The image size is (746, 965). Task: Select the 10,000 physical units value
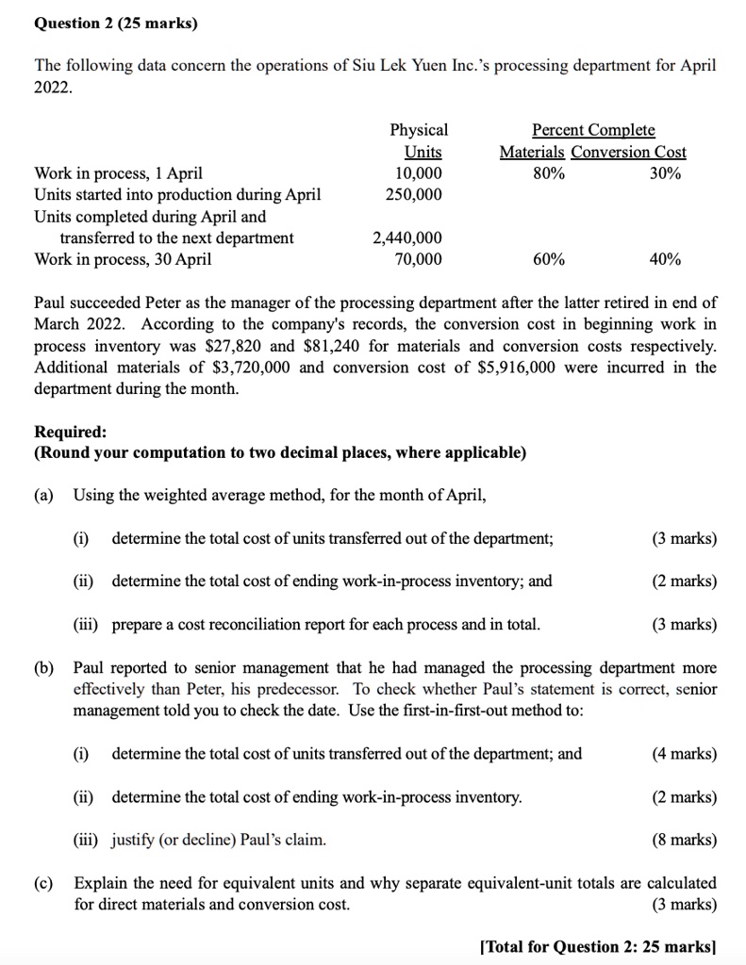pos(417,173)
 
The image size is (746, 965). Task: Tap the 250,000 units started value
pos(413,194)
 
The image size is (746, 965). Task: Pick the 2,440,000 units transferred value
pos(407,238)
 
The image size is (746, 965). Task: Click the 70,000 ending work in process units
pos(417,259)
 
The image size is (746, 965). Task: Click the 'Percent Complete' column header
pos(593,130)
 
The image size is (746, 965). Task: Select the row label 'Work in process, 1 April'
pos(118,173)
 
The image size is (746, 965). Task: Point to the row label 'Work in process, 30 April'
pos(123,259)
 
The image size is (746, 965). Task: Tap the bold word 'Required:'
pos(71,432)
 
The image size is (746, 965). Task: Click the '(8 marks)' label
pos(684,839)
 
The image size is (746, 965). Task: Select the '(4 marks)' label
pos(684,753)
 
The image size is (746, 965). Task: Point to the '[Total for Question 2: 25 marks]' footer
pos(599,947)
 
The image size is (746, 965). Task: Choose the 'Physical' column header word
pos(419,130)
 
